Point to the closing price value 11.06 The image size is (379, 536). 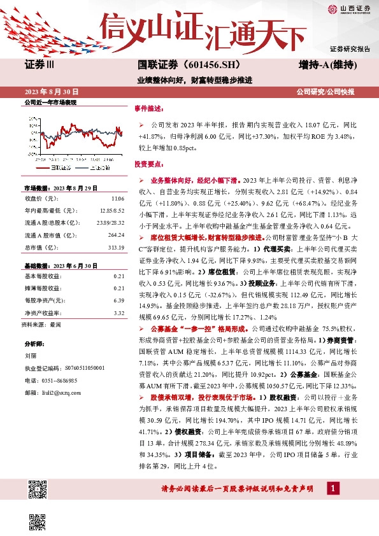[118, 199]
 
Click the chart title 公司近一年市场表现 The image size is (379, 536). [50, 102]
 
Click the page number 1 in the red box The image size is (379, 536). [333, 488]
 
